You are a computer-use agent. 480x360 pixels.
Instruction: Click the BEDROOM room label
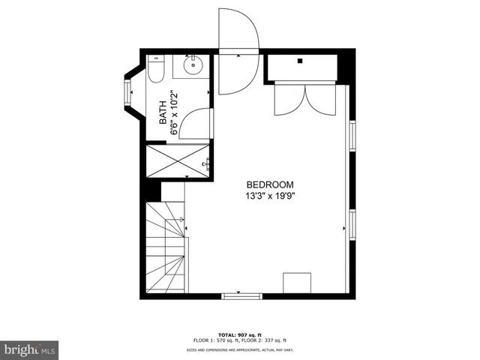click(269, 184)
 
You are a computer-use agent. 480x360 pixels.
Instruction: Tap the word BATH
click(163, 113)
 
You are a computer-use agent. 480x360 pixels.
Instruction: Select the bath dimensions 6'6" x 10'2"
click(174, 113)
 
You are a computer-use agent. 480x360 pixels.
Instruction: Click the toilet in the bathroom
click(156, 70)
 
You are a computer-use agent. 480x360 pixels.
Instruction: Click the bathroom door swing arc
click(196, 123)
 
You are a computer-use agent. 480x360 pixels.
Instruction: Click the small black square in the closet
click(299, 61)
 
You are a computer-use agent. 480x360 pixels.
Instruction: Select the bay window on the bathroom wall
click(126, 93)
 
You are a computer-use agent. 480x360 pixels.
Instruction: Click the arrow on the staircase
click(182, 220)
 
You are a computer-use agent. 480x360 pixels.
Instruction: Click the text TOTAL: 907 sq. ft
click(238, 334)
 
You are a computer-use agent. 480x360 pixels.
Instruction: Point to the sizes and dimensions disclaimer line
click(238, 350)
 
